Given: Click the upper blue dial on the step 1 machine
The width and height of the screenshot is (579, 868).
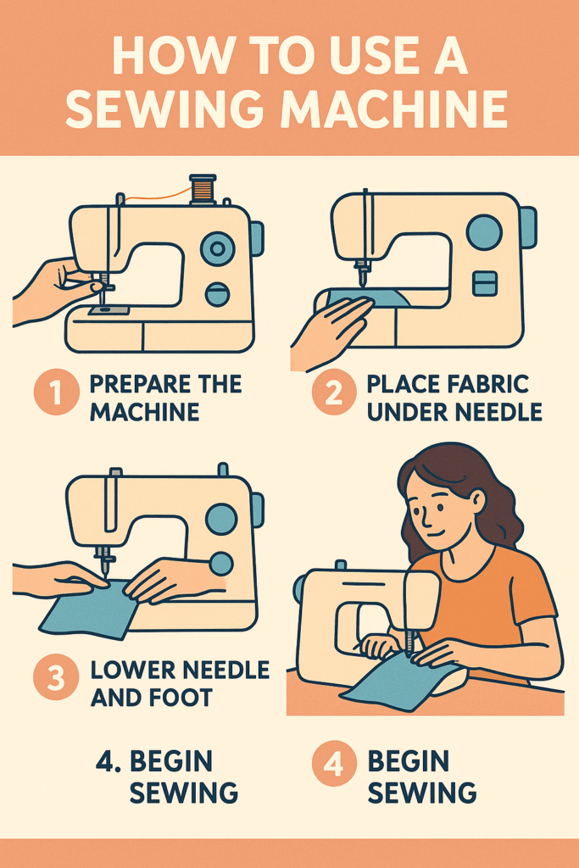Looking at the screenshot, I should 218,248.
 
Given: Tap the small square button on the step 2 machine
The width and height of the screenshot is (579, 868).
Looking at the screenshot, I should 485,283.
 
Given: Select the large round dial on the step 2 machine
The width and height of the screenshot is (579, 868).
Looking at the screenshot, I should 484,231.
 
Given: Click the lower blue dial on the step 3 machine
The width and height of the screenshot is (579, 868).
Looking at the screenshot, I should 220,564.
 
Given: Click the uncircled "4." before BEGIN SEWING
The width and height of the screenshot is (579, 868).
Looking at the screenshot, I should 109,762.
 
